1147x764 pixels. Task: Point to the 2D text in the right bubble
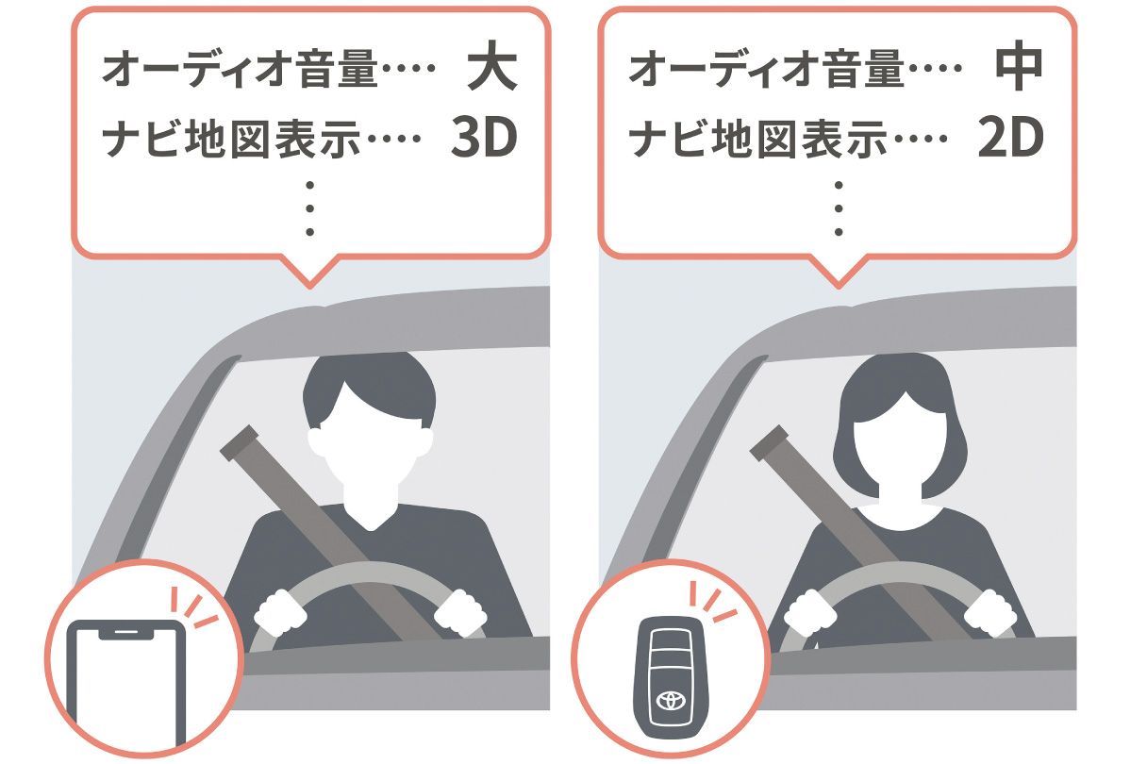tap(1011, 137)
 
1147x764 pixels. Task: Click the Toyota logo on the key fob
tap(671, 701)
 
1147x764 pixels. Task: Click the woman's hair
tap(900, 425)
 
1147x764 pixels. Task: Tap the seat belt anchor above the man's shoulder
tap(240, 443)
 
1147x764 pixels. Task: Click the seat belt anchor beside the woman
tap(769, 443)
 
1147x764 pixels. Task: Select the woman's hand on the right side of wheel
tap(990, 613)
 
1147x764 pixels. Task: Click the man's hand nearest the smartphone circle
tap(280, 613)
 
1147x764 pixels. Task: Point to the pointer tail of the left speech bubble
tap(309, 272)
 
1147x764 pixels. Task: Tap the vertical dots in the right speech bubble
tap(839, 208)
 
